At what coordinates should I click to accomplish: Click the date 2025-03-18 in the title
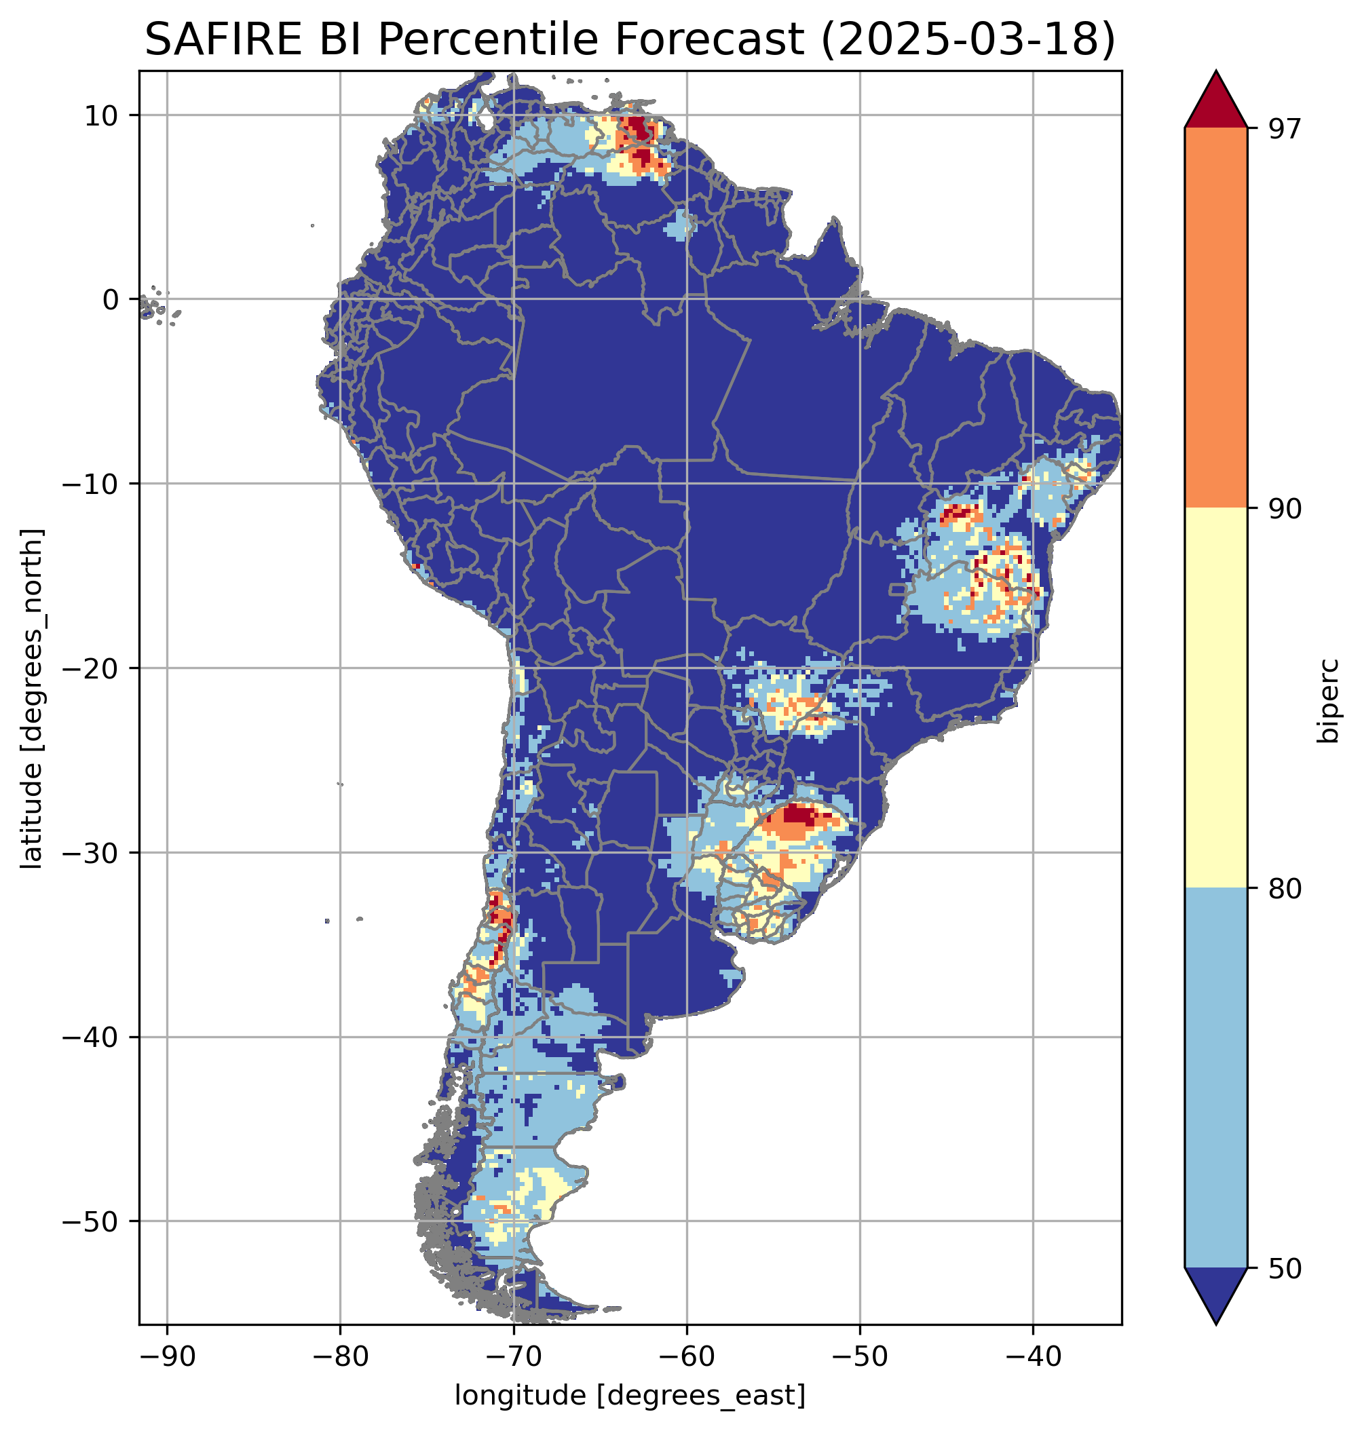click(966, 39)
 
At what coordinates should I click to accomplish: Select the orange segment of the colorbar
click(1215, 318)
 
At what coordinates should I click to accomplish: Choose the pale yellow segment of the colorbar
click(1215, 698)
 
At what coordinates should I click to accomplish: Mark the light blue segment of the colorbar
click(1215, 1079)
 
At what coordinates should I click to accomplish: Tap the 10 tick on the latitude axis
click(101, 115)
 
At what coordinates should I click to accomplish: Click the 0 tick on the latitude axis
click(111, 300)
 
